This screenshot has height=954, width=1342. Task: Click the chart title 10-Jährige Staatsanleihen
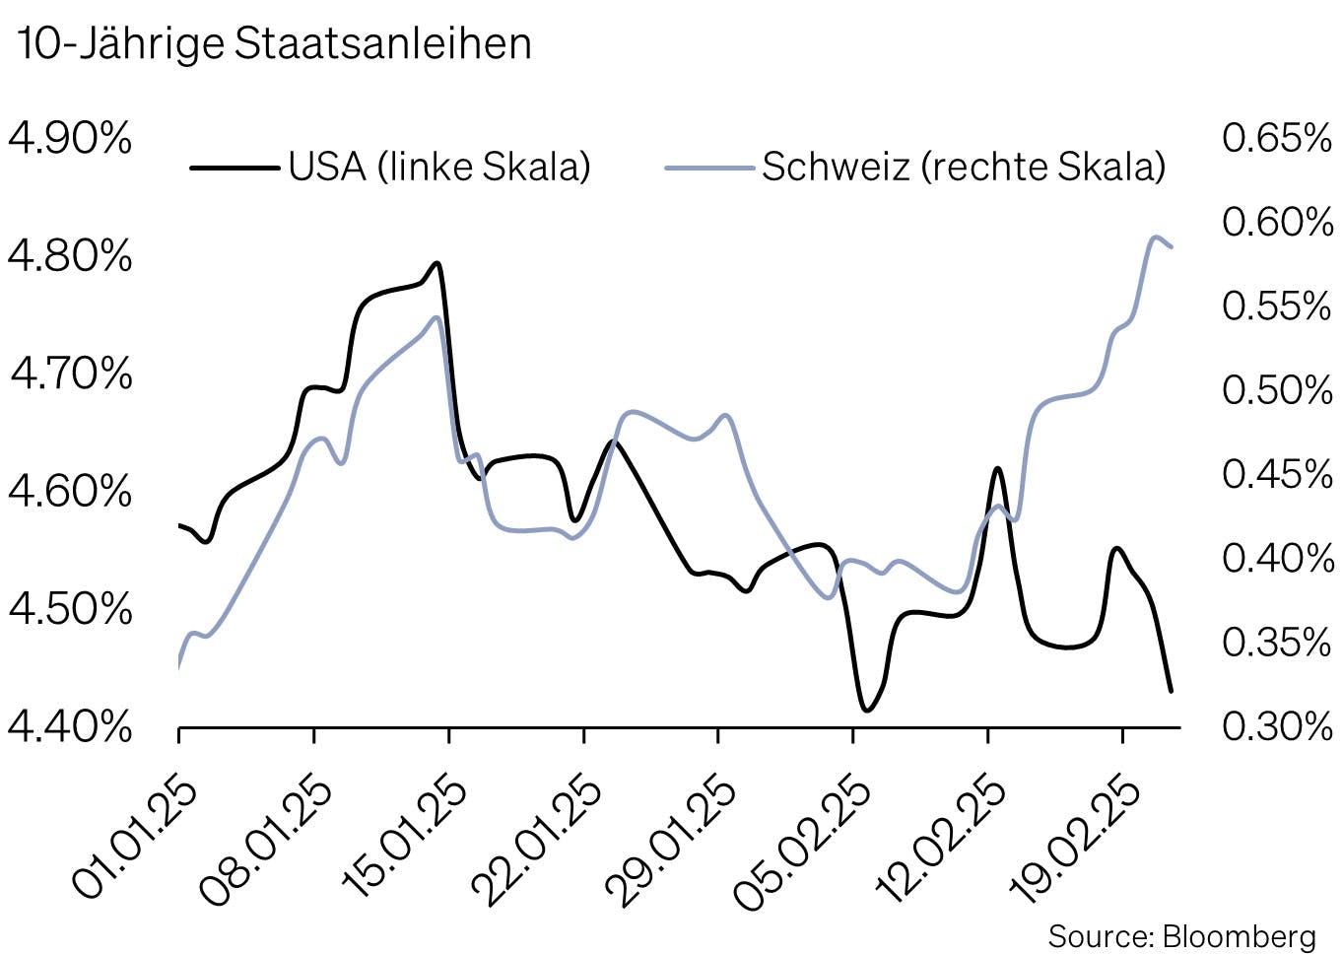click(274, 43)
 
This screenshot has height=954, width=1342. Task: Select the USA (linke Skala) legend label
click(439, 167)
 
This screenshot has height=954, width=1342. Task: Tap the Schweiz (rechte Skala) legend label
click(964, 167)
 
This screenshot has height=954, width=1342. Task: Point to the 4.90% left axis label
click(69, 138)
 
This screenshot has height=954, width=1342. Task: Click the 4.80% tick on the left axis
click(69, 256)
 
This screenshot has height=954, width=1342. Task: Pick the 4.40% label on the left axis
click(69, 727)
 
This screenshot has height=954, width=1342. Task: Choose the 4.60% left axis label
click(69, 491)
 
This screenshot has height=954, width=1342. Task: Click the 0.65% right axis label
click(1277, 138)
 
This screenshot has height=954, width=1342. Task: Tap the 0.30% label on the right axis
click(1277, 727)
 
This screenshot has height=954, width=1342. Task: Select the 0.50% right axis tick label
click(1277, 390)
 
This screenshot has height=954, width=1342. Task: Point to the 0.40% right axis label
click(1277, 559)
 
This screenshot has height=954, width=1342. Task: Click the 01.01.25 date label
click(136, 841)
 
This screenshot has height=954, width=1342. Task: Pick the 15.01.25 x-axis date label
click(405, 841)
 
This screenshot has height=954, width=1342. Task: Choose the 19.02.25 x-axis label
click(1079, 841)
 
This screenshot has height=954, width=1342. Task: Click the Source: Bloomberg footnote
click(1181, 935)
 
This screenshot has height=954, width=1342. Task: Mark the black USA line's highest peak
click(436, 263)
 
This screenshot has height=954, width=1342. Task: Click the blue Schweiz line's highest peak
click(1155, 237)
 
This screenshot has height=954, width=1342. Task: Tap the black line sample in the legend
click(234, 168)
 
